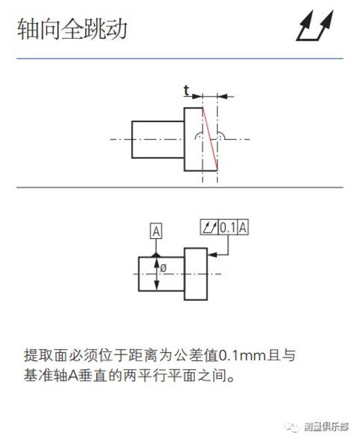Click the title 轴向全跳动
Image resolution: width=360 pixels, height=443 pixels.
[x=72, y=29]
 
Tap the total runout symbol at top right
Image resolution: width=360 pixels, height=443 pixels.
[x=314, y=26]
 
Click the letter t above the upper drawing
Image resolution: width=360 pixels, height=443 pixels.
[x=186, y=91]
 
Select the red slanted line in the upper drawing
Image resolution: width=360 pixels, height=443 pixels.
[x=210, y=139]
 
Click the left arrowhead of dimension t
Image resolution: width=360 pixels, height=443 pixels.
[x=197, y=96]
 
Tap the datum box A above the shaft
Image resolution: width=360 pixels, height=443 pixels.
[x=156, y=232]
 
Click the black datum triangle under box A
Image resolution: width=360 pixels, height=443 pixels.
[x=156, y=255]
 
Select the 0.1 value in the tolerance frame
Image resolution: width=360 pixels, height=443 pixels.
[x=227, y=228]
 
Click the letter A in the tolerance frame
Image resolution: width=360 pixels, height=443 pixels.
[x=243, y=228]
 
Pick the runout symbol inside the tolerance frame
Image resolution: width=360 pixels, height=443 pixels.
[x=209, y=228]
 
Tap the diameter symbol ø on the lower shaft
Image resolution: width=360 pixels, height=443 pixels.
[x=163, y=268]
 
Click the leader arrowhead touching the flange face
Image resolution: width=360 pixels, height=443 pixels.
[x=213, y=255]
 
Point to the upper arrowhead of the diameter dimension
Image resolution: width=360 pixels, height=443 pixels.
[x=156, y=263]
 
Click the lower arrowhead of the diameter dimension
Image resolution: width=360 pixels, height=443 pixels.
[x=156, y=286]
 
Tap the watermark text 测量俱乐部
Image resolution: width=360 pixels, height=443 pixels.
[x=326, y=427]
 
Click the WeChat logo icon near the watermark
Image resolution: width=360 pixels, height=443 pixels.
[x=292, y=427]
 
